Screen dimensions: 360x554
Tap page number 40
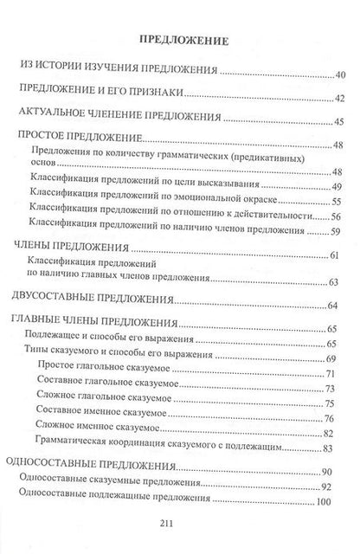339,76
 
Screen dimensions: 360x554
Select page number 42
339,98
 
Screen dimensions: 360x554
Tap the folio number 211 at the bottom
180,532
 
